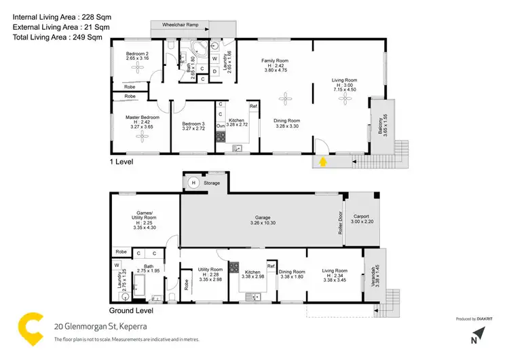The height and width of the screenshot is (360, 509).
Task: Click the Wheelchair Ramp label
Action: click(180, 24)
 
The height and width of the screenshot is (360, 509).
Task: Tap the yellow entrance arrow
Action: click(323, 162)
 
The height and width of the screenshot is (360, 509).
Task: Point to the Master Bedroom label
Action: click(142, 118)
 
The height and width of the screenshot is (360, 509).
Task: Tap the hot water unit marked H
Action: click(193, 182)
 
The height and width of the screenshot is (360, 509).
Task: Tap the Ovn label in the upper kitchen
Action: click(221, 126)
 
